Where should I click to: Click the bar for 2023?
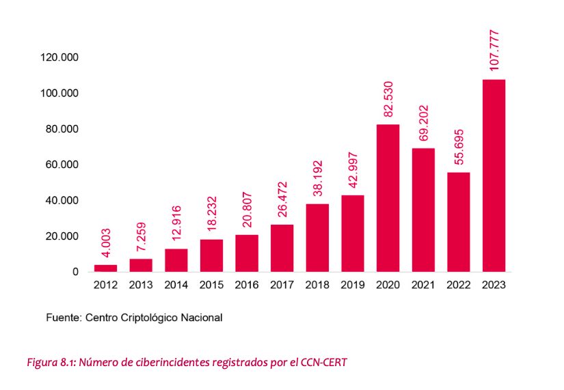[494, 176]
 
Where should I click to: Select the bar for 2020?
[388, 198]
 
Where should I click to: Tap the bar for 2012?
[105, 268]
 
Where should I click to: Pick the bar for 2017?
[282, 248]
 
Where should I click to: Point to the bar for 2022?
[459, 222]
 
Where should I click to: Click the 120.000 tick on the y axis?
[59, 57]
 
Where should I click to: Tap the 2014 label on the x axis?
[176, 285]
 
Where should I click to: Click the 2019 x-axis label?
[353, 285]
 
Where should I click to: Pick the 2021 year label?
[423, 285]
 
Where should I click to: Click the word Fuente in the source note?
[63, 318]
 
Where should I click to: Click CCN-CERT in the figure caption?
[323, 363]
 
